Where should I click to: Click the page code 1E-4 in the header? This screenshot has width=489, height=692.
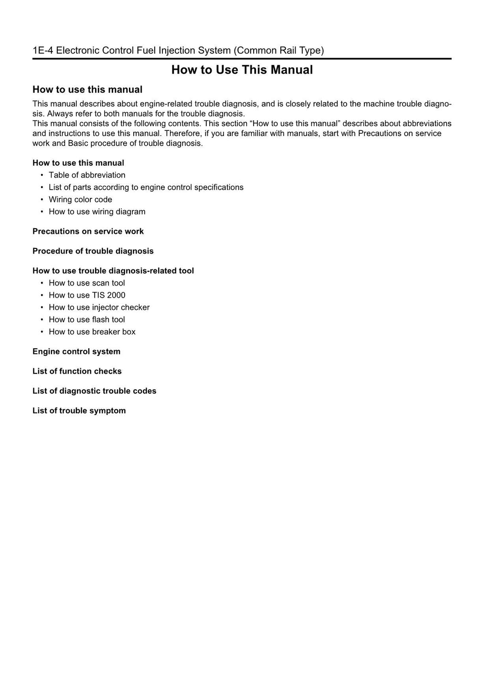43,50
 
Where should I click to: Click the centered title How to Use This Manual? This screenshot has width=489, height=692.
242,70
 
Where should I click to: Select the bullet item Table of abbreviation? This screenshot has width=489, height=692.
87,175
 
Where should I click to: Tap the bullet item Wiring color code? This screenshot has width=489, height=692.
80,200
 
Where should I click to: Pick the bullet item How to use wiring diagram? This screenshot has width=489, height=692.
97,212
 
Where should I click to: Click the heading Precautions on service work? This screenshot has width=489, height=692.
88,231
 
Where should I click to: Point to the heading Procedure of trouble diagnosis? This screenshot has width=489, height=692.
93,251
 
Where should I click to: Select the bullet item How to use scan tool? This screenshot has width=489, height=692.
86,283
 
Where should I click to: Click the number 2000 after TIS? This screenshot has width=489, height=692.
116,295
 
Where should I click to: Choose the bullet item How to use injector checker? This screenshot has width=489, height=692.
99,308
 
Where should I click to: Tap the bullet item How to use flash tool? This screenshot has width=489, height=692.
86,319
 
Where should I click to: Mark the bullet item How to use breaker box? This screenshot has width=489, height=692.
92,332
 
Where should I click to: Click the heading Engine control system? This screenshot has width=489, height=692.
76,351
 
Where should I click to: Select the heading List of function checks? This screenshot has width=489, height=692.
77,371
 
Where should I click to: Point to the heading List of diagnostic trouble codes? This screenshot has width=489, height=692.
94,391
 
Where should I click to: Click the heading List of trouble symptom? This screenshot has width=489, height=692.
79,411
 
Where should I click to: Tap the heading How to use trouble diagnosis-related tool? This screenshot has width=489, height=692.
113,271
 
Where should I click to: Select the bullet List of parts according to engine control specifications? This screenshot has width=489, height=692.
146,187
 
